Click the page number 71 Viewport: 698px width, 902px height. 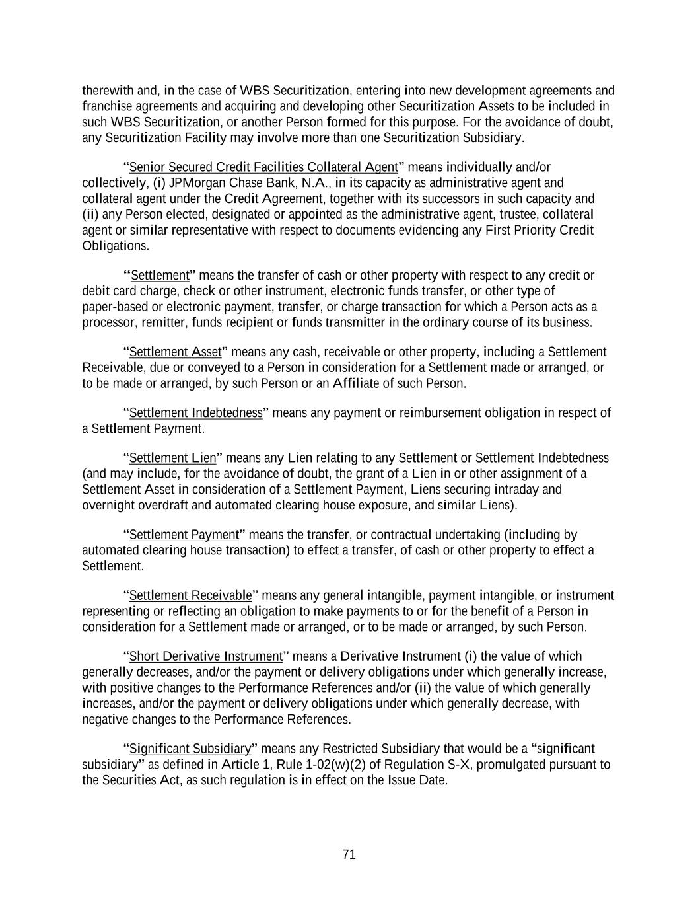tap(349, 854)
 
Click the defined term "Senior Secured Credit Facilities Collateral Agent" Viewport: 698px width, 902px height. tap(263, 167)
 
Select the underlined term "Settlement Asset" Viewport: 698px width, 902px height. tap(175, 352)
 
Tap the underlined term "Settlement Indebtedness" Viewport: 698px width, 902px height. tap(195, 413)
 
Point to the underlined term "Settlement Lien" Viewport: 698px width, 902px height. tap(172, 458)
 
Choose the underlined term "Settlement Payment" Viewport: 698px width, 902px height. tap(184, 535)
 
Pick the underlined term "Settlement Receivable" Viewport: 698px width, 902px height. tap(190, 595)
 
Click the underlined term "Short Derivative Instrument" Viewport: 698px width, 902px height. tap(205, 656)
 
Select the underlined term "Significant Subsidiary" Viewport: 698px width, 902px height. tap(190, 749)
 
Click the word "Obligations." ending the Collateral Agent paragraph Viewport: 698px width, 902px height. tap(116, 246)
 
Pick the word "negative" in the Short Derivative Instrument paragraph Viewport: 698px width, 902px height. tap(105, 719)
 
